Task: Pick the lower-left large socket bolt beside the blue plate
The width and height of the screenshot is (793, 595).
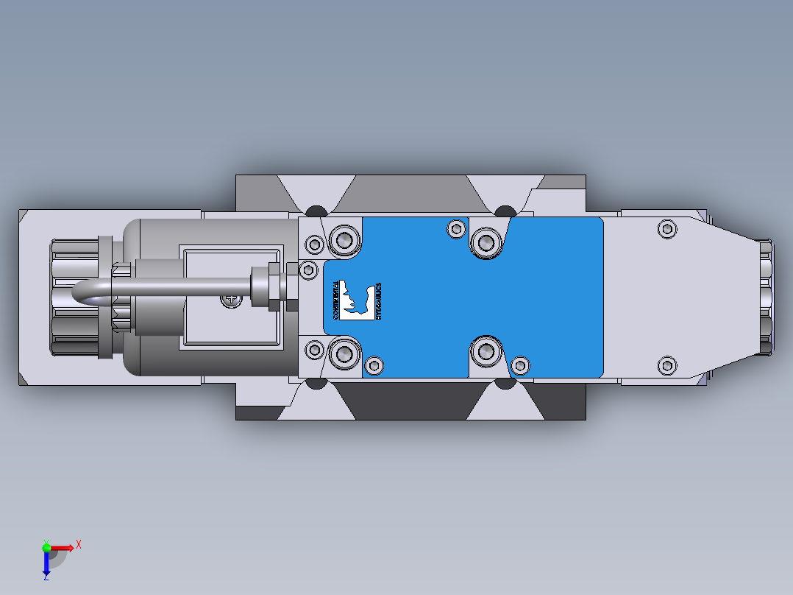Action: pyautogui.click(x=343, y=354)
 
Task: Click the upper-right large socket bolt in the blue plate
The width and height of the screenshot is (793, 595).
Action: pyautogui.click(x=486, y=241)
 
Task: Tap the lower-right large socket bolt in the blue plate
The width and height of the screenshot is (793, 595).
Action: pyautogui.click(x=486, y=351)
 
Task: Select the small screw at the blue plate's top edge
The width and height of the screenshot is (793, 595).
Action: pyautogui.click(x=457, y=229)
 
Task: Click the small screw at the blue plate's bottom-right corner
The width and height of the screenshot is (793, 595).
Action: pyautogui.click(x=519, y=365)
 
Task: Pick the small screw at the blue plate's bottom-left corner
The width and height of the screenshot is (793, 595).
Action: pyautogui.click(x=374, y=365)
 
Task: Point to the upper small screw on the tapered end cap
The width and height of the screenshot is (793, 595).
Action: pyautogui.click(x=666, y=228)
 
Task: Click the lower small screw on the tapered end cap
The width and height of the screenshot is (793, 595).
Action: pyautogui.click(x=666, y=364)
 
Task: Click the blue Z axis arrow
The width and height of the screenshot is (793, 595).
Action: pyautogui.click(x=46, y=563)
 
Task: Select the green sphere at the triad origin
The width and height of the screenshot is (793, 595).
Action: pyautogui.click(x=46, y=547)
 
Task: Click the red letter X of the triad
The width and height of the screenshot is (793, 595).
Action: pyautogui.click(x=78, y=545)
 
